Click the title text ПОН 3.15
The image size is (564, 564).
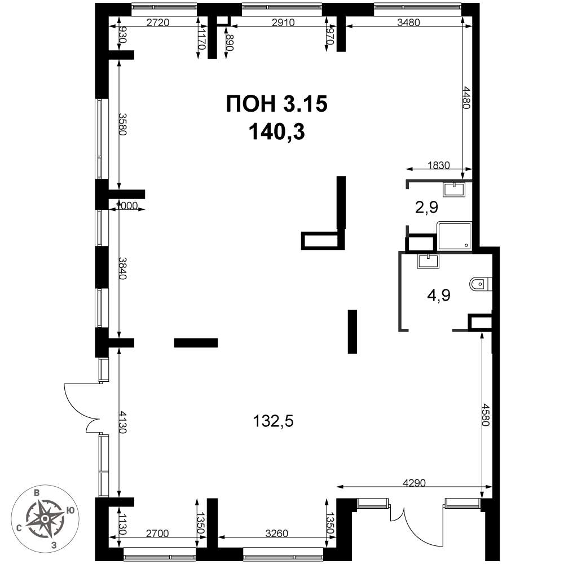276,104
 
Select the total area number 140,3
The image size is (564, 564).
276,131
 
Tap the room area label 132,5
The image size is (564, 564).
274,421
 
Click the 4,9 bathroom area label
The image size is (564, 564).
439,296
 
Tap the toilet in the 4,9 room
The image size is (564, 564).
481,284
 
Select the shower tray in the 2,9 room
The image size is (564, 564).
454,236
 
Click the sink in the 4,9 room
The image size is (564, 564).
428,260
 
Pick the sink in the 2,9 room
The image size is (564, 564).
454,189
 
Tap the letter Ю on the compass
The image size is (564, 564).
71,510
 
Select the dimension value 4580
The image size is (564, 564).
487,415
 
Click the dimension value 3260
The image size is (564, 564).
276,533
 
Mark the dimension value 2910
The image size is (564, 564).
283,23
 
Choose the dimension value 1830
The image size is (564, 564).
439,165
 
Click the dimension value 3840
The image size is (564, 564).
124,268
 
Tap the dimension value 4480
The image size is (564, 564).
467,97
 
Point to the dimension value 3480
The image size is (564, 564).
408,23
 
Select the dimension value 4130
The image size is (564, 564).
124,422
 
